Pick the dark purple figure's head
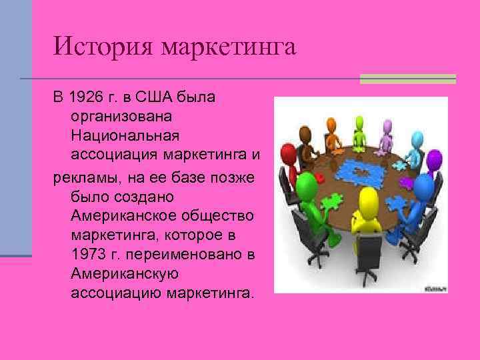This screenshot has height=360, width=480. click(433, 159)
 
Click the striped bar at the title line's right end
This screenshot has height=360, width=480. click(407, 79)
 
